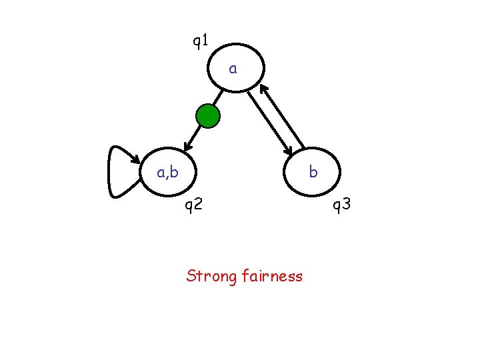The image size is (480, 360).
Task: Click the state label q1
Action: (x=201, y=41)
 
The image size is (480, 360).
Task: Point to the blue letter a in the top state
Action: (x=233, y=68)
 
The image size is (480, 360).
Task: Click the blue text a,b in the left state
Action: (x=167, y=173)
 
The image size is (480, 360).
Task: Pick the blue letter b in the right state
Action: (x=313, y=172)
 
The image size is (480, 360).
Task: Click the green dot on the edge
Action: (x=208, y=116)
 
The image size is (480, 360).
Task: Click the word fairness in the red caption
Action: (x=273, y=275)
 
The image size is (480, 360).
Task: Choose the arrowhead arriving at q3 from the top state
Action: (x=289, y=152)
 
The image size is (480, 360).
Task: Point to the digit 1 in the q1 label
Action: (x=205, y=41)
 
